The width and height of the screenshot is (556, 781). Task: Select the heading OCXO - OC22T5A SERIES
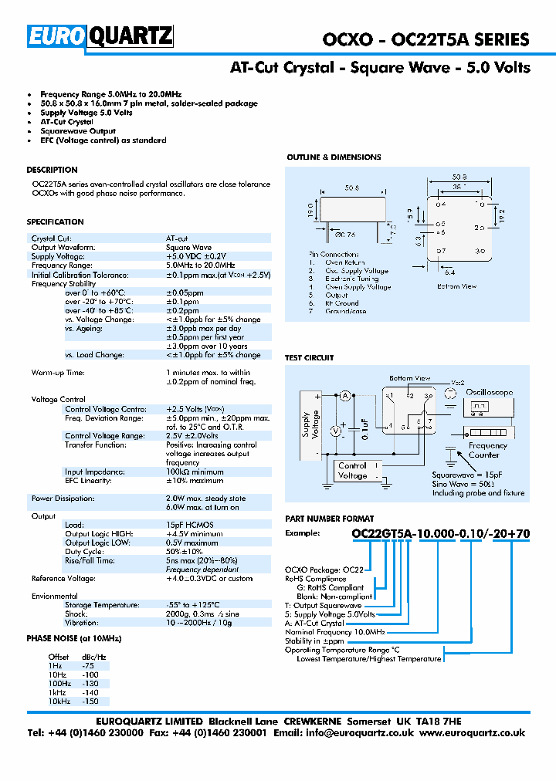(425, 40)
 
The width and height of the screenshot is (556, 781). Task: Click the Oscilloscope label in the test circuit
(489, 392)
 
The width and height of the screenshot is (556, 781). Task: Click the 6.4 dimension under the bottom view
(471, 272)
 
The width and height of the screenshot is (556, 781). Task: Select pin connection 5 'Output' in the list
(336, 295)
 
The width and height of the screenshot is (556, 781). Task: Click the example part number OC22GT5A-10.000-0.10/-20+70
(440, 555)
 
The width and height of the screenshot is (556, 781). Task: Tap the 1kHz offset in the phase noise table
(56, 693)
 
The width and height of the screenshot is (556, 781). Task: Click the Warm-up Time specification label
(58, 373)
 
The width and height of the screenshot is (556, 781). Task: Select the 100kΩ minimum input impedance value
(195, 472)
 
